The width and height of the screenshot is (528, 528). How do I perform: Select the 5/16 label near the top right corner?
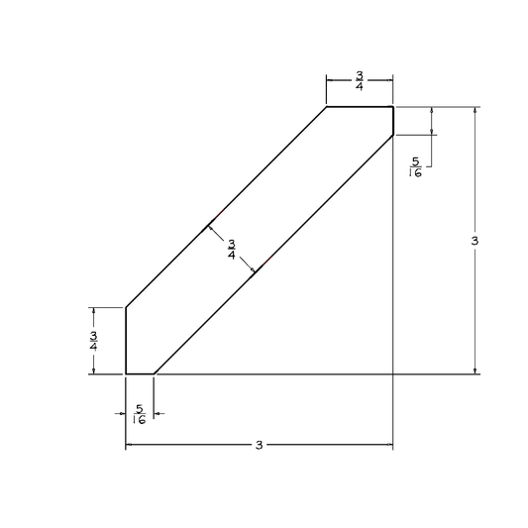[415, 166]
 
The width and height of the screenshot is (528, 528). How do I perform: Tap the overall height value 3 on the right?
[475, 241]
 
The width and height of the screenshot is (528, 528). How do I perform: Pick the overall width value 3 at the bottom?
[259, 446]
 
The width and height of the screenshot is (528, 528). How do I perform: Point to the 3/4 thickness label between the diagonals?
[231, 250]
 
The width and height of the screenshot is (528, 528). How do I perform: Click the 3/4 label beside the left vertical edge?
[93, 340]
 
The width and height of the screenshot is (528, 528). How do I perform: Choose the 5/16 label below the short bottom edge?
[139, 414]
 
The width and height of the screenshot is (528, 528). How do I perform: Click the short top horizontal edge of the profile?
[360, 106]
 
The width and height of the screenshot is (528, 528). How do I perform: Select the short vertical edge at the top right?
[393, 120]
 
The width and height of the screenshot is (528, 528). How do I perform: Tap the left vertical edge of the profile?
[125, 340]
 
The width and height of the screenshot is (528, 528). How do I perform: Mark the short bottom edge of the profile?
[140, 373]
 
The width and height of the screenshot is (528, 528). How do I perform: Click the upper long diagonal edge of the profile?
[226, 206]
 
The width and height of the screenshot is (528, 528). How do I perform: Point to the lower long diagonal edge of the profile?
[273, 254]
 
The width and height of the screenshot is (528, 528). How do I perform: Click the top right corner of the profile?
[393, 106]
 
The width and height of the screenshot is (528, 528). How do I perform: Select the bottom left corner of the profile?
[125, 373]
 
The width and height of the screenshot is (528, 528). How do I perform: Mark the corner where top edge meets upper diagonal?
[326, 106]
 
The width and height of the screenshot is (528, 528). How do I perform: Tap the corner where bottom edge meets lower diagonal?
[154, 373]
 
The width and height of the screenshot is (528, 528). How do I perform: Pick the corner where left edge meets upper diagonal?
[125, 307]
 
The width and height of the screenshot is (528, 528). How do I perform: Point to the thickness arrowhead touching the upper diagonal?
[209, 227]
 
